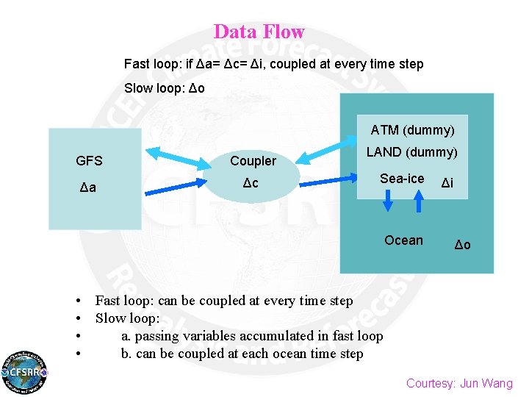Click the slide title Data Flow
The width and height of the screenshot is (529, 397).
tap(259, 32)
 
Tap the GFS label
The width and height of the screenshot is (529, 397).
tap(89, 161)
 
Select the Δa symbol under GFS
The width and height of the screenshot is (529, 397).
tap(88, 189)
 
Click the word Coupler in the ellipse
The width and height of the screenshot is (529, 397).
tap(253, 161)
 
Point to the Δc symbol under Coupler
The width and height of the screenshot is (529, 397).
tap(251, 183)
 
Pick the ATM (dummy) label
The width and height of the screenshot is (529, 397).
tap(412, 130)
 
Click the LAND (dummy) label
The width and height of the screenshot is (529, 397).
tap(411, 152)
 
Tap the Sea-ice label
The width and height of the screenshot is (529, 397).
tap(402, 179)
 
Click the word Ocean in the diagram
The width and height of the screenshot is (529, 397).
tap(403, 240)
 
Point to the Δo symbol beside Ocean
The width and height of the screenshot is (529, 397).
tap(463, 245)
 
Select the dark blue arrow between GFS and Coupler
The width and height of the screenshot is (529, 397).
tap(173, 185)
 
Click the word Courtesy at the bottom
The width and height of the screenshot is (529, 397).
tap(429, 383)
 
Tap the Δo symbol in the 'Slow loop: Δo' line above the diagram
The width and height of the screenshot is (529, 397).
tap(197, 88)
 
